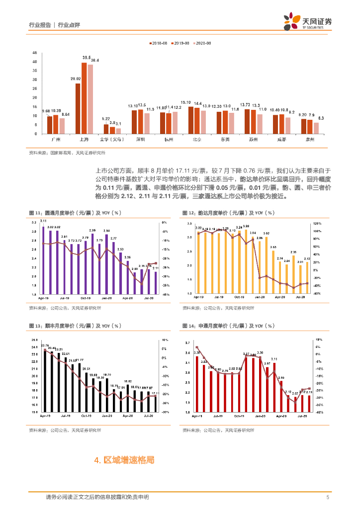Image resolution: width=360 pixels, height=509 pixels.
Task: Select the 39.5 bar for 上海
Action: pyautogui.click(x=84, y=98)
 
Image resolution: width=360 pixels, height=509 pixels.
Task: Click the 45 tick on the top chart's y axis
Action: pyautogui.click(x=34, y=53)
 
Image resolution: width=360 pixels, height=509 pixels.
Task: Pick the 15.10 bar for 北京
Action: pyautogui.click(x=191, y=120)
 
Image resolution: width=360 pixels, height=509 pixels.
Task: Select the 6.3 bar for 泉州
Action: pyautogui.click(x=316, y=128)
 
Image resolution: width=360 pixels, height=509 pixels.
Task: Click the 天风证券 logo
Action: pyautogui.click(x=308, y=22)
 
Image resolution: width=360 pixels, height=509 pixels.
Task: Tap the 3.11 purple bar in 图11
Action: pyautogui.click(x=43, y=260)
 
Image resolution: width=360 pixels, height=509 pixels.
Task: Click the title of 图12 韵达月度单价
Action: pyautogui.click(x=228, y=213)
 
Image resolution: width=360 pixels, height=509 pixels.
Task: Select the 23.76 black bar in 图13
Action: pyautogui.click(x=45, y=380)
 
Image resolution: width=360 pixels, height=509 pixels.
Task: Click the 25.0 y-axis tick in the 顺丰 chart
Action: pyautogui.click(x=34, y=339)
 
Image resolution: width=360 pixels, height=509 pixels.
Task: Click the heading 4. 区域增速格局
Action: pyautogui.click(x=124, y=460)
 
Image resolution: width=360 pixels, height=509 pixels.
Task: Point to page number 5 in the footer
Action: pyautogui.click(x=328, y=497)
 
